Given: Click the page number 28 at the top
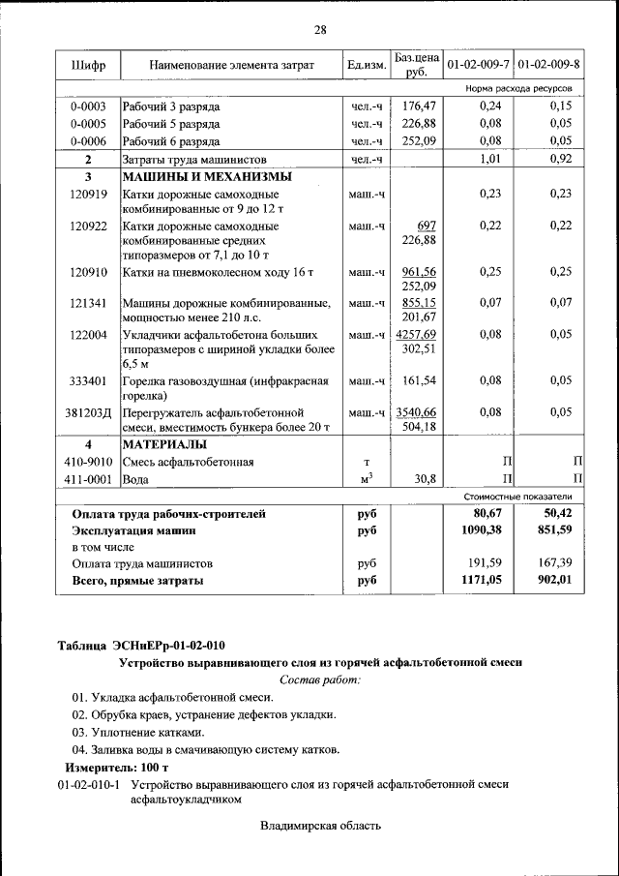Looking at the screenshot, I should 320,30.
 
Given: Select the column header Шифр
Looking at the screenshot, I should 89,65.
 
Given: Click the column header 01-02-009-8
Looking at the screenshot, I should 548,65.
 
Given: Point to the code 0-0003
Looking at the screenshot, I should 89,106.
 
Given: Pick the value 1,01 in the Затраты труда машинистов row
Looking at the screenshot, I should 494,159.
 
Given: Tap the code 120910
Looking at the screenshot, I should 89,272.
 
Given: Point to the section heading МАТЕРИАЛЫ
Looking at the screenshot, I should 163,444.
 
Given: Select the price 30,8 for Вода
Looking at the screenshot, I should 426,478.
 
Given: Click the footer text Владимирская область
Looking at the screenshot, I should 320,826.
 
